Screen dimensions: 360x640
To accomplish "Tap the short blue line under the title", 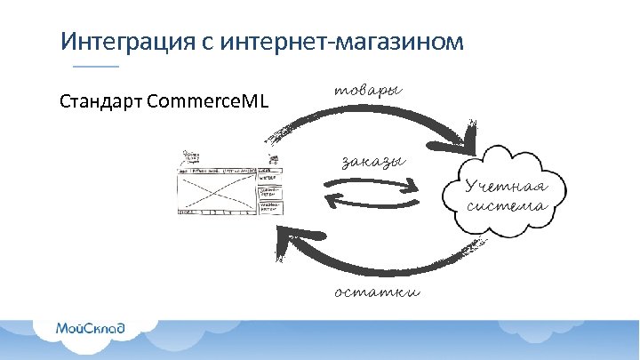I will [94, 68].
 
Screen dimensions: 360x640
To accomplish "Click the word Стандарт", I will [100, 100].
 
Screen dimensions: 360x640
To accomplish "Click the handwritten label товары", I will [367, 91].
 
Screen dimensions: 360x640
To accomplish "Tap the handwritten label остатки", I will [377, 292].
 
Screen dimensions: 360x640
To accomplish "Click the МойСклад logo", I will [91, 328].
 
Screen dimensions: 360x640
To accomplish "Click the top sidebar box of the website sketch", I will [269, 176].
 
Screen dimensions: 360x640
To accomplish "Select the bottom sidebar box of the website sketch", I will [269, 207].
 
